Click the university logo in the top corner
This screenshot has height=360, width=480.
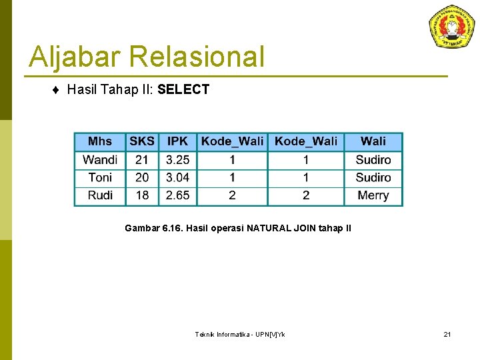(452, 27)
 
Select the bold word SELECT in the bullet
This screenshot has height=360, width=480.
(183, 89)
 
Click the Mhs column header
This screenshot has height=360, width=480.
(100, 141)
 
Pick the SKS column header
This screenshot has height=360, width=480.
(142, 141)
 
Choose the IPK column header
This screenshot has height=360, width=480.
(177, 141)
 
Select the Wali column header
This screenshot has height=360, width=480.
(373, 141)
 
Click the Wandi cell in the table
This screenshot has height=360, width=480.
(100, 159)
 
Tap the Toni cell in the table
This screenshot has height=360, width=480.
(100, 177)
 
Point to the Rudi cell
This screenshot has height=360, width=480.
(100, 195)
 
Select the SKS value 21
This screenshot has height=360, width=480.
(142, 159)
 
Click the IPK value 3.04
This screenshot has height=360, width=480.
(177, 177)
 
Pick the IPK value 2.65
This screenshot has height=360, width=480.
(177, 195)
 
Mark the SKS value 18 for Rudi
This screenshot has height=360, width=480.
(142, 195)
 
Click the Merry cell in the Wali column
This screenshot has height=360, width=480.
(373, 195)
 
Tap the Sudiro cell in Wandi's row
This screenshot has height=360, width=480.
(373, 159)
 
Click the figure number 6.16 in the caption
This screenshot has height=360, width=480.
(172, 229)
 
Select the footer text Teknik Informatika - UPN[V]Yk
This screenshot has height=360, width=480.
(239, 334)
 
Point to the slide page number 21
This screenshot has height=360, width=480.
(447, 334)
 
